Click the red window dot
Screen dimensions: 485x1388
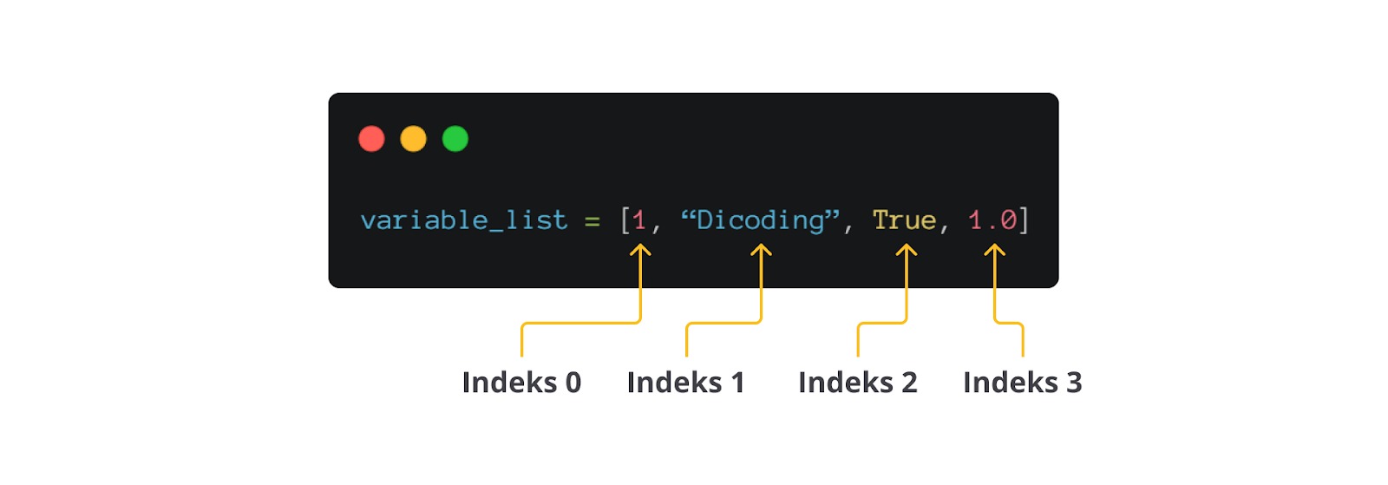tap(371, 139)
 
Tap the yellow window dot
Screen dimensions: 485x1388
tap(413, 139)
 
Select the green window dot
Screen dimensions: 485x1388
tap(455, 139)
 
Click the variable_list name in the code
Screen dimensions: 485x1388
tap(464, 220)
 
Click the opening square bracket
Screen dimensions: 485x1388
tap(625, 220)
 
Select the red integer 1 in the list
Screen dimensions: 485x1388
tap(639, 220)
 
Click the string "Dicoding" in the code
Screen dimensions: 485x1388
tap(760, 220)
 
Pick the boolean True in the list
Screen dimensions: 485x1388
tap(904, 220)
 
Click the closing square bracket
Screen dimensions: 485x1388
tap(1024, 220)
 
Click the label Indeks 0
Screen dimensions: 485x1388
tap(521, 383)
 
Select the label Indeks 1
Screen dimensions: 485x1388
tap(685, 383)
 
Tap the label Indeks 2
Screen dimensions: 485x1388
tap(857, 383)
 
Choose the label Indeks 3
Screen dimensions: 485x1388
tap(1022, 383)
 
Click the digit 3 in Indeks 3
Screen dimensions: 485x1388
tap(1074, 383)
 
